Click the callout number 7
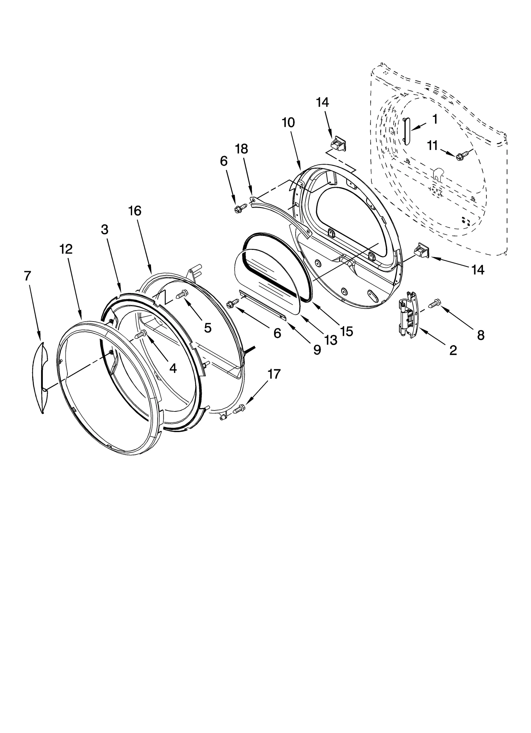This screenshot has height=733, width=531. click(x=27, y=276)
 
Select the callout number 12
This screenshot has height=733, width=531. click(x=66, y=249)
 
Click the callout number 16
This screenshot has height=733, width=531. click(x=135, y=211)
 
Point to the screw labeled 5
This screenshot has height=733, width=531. click(x=183, y=293)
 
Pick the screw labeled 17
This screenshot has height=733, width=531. click(x=240, y=409)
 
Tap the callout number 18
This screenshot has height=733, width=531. click(x=242, y=149)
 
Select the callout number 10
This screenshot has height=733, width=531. click(x=288, y=123)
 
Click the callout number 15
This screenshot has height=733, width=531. click(x=346, y=331)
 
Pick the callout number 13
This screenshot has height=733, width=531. click(x=331, y=339)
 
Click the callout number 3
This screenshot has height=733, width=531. click(x=105, y=229)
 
